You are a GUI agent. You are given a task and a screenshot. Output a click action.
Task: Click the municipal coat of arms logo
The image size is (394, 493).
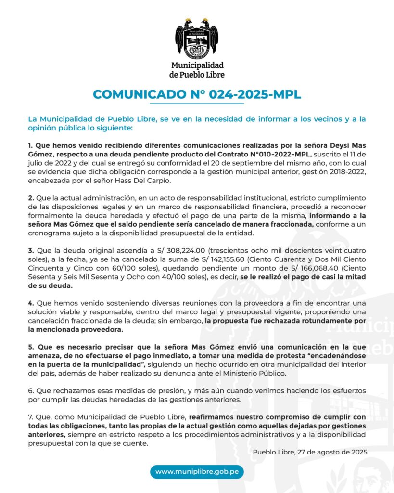[197, 38]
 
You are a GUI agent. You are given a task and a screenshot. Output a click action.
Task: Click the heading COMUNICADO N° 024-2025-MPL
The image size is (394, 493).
[197, 94]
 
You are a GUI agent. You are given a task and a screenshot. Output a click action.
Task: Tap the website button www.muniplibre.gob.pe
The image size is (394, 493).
[197, 471]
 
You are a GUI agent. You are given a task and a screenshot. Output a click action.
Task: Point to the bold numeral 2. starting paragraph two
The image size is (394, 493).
[31, 198]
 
